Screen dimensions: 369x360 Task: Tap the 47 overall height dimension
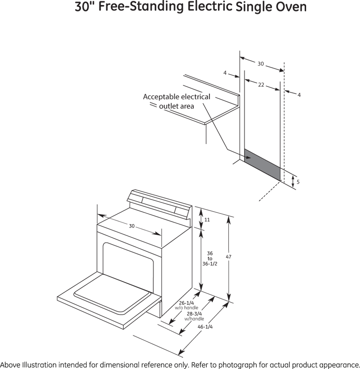(x=228, y=257)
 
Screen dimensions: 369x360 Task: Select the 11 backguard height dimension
(x=207, y=220)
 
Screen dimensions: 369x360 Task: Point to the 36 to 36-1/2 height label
(x=210, y=259)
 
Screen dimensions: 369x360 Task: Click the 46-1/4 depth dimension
(x=205, y=327)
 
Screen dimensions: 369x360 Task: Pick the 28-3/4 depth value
(x=194, y=313)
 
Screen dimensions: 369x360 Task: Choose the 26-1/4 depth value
(x=186, y=303)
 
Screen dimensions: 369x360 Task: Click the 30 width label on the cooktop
(x=132, y=226)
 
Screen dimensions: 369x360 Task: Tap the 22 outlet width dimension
(x=261, y=85)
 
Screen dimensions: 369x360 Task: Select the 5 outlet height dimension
(x=298, y=182)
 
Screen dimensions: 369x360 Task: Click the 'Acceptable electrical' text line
(x=176, y=97)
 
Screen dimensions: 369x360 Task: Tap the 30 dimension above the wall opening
(x=261, y=64)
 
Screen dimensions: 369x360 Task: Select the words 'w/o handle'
(x=187, y=308)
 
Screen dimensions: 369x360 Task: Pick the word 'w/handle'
(x=194, y=319)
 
